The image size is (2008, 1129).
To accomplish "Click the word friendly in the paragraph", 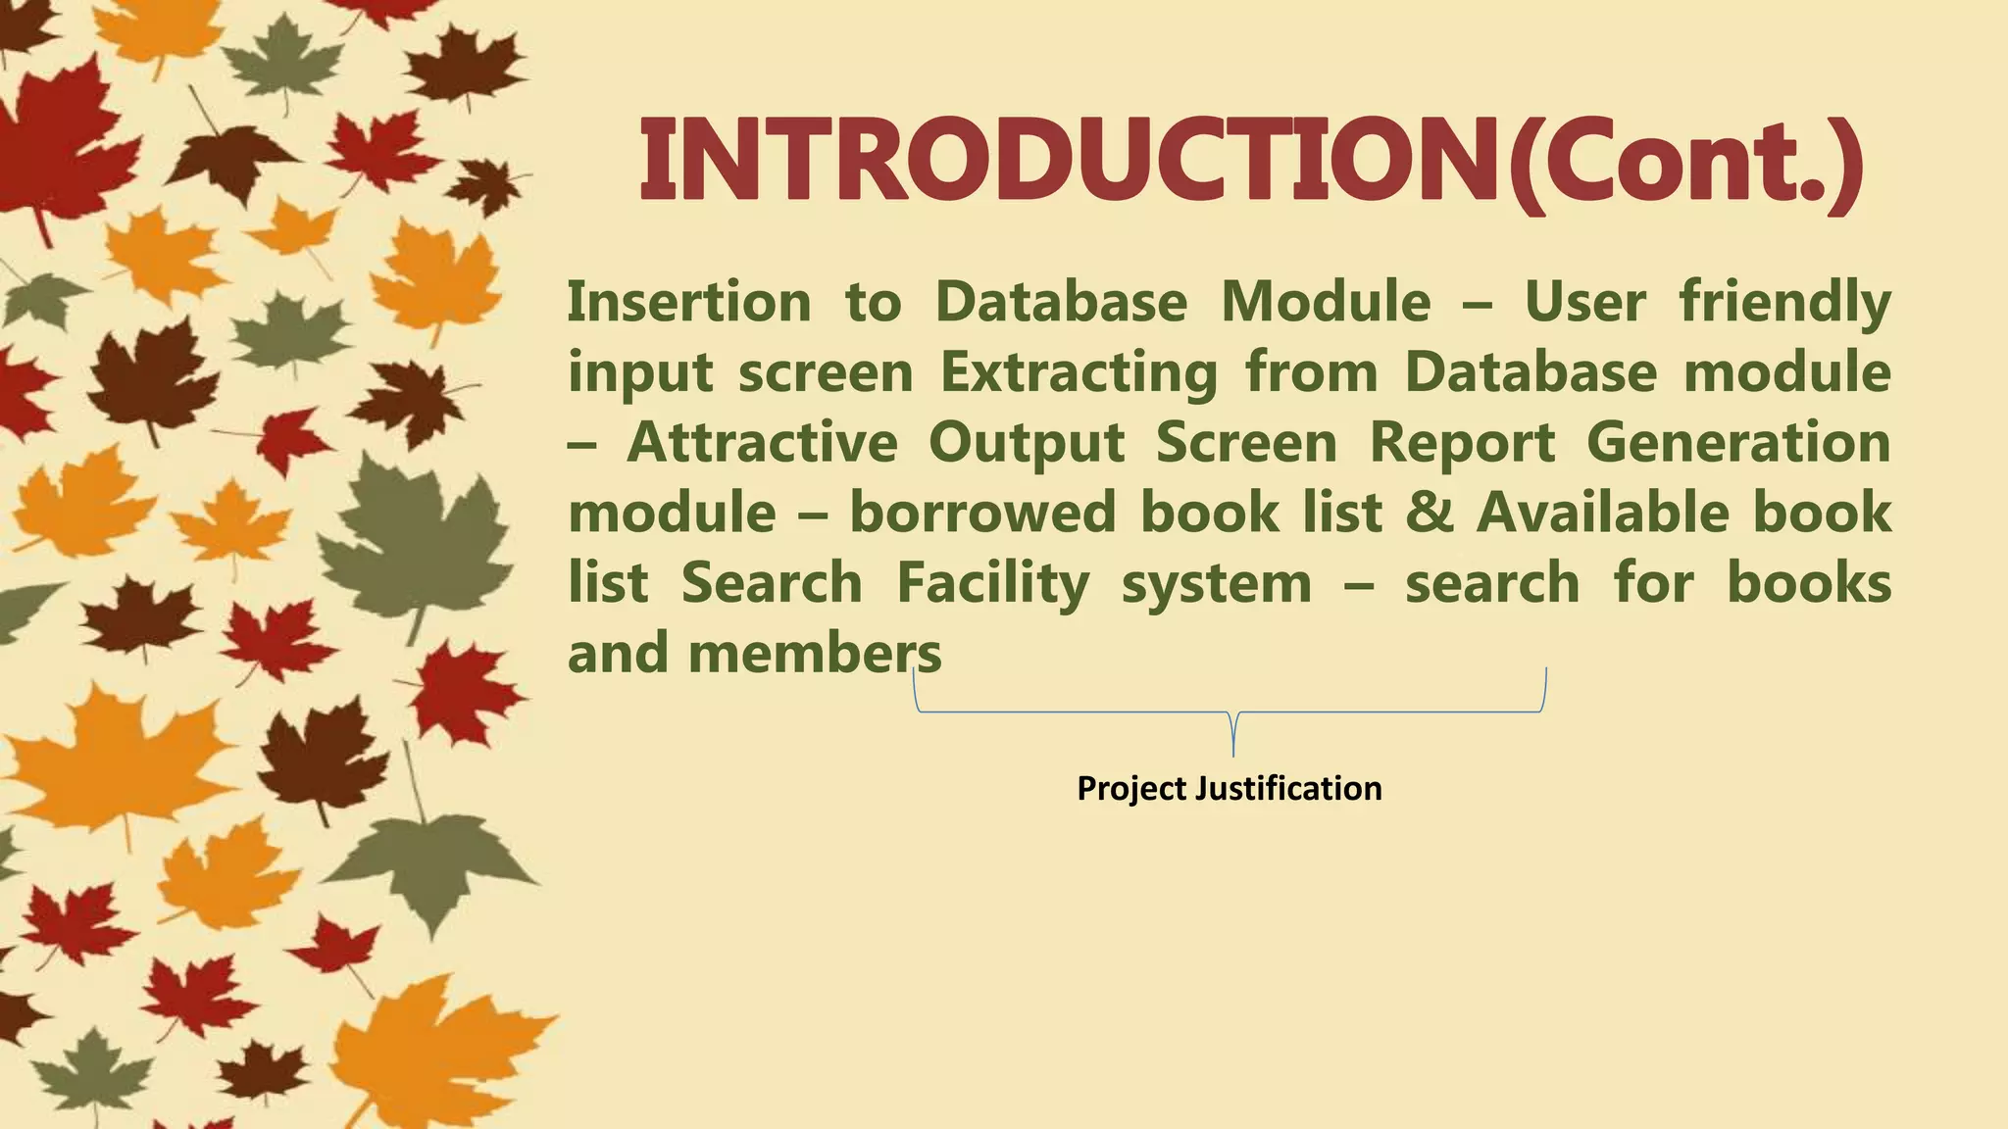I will (x=1784, y=301).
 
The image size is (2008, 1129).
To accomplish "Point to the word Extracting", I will (x=1079, y=372).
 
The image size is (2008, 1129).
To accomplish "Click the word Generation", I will (x=1738, y=442).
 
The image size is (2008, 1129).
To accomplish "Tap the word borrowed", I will (x=981, y=513).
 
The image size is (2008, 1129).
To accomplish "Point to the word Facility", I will (x=992, y=583).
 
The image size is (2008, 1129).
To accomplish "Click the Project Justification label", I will (x=1229, y=788).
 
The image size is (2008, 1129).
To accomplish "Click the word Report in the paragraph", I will (x=1462, y=442).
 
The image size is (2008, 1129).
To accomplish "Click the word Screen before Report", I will (x=1246, y=442).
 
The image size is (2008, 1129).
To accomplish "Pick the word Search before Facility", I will (x=772, y=583).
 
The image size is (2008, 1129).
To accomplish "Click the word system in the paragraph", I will (x=1216, y=583).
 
